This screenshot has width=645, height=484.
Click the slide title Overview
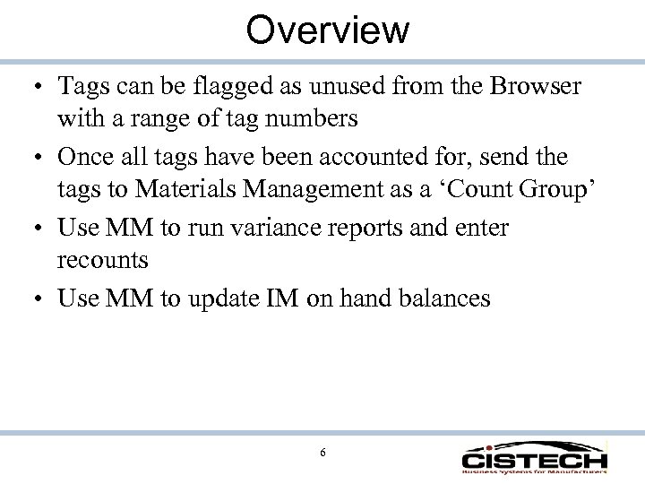click(327, 29)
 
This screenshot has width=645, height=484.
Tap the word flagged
click(214, 88)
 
